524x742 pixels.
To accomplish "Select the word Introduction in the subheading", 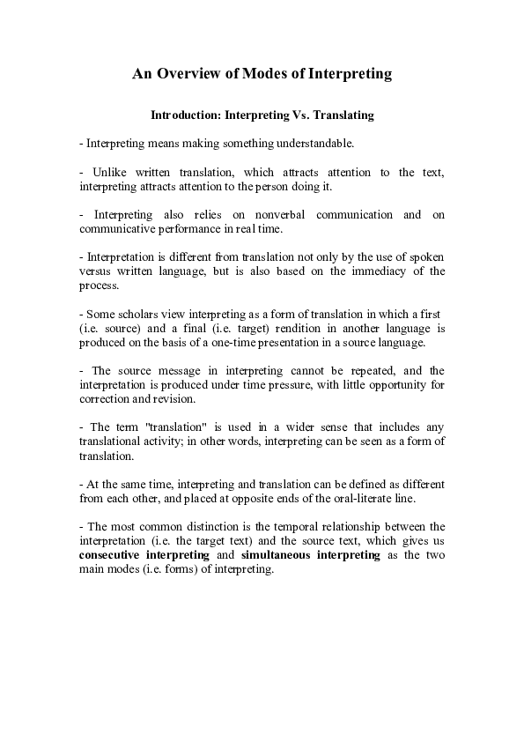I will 186,115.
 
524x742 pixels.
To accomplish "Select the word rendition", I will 284,328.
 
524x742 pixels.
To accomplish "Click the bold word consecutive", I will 119,555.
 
